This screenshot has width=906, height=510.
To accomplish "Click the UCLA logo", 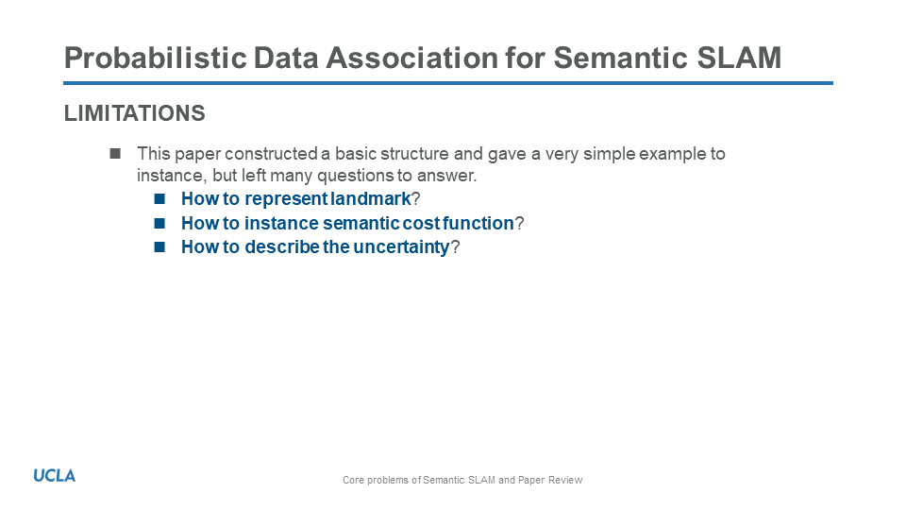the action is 55,476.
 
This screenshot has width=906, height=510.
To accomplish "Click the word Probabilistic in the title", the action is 156,58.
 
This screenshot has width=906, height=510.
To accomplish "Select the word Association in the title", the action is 412,58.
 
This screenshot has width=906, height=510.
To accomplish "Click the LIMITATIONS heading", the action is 135,113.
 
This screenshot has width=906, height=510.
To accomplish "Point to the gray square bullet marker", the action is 115,153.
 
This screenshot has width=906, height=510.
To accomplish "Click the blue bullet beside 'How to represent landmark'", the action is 159,199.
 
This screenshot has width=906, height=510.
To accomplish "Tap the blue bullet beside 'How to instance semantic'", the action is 159,223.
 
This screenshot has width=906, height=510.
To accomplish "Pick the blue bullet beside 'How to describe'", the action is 159,246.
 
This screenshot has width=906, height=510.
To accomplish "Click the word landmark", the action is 370,199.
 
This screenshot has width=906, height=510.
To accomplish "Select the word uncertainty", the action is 401,247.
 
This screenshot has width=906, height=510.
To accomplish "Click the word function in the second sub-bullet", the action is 478,223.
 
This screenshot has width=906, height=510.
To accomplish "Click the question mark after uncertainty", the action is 455,246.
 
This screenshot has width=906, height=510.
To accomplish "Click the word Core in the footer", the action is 352,480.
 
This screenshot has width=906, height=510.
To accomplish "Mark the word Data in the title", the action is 285,58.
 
